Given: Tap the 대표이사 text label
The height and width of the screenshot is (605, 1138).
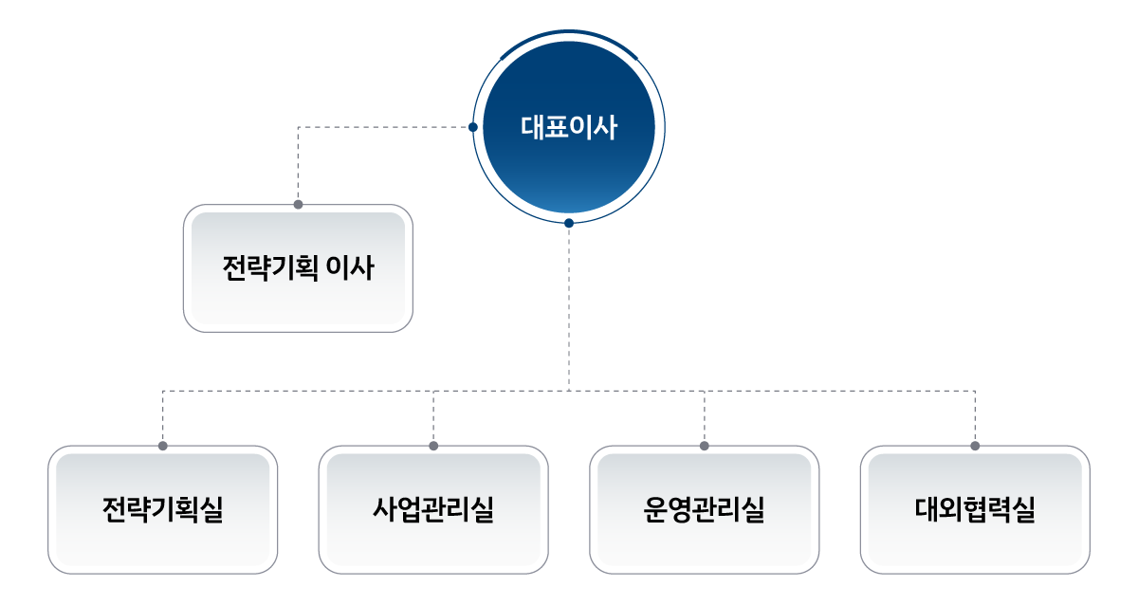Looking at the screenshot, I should pyautogui.click(x=569, y=127).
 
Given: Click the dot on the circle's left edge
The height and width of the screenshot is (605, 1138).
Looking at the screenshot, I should pyautogui.click(x=473, y=127).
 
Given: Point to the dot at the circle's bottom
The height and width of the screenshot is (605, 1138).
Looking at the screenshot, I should pyautogui.click(x=569, y=224).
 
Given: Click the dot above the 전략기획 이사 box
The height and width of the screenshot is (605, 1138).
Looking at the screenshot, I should pyautogui.click(x=298, y=204).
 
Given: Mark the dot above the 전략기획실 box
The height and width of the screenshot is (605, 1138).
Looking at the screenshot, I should pyautogui.click(x=163, y=445).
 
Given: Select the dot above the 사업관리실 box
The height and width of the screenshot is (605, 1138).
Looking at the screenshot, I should pyautogui.click(x=433, y=445).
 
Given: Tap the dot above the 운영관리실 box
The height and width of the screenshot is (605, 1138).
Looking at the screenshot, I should pyautogui.click(x=705, y=445).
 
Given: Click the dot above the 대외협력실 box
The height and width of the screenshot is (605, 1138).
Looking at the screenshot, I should pyautogui.click(x=975, y=445).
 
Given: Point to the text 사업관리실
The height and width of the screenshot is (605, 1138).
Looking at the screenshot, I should pyautogui.click(x=433, y=510).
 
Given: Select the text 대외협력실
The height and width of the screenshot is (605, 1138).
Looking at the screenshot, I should pyautogui.click(x=975, y=510).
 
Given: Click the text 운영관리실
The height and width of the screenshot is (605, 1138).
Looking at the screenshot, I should pyautogui.click(x=704, y=510).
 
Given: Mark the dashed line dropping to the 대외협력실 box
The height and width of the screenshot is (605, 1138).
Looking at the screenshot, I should pyautogui.click(x=975, y=417).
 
